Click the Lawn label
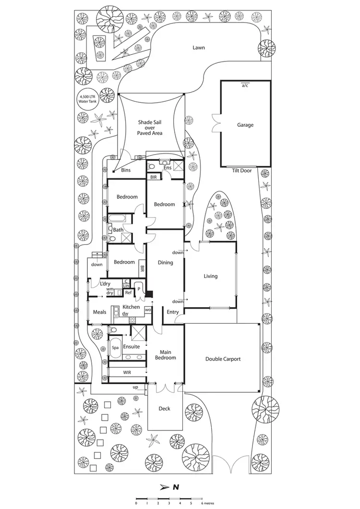[x=199, y=48]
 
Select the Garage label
[x=245, y=125]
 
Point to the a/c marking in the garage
[x=245, y=85]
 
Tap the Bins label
[x=126, y=170]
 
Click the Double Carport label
[x=223, y=359]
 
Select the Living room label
[x=210, y=276]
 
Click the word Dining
[x=165, y=263]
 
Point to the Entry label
[x=172, y=312]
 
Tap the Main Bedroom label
[x=165, y=354]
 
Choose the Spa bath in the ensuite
[x=115, y=347]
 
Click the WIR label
[x=127, y=372]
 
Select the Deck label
[x=164, y=409]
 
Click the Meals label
[x=99, y=312]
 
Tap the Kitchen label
[x=131, y=307]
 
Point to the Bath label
[x=118, y=230]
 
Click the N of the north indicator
[x=176, y=487]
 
